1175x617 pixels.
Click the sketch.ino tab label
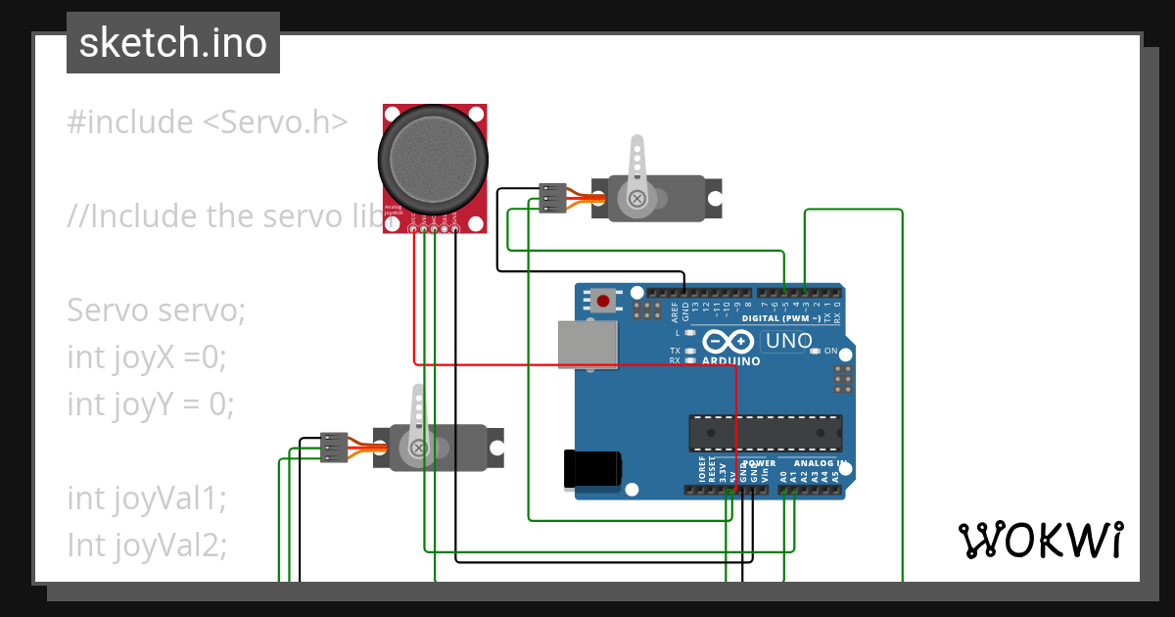pos(172,43)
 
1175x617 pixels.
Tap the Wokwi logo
pos(1039,540)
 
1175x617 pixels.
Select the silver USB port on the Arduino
pos(587,346)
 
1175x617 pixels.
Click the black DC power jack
pos(591,467)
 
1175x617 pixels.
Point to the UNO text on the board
pos(788,341)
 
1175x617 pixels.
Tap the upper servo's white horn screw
pos(637,200)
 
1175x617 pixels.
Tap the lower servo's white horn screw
pos(418,449)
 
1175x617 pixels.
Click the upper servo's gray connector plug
pos(553,198)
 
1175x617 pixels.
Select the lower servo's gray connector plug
pos(334,448)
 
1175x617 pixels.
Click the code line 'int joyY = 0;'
pos(151,403)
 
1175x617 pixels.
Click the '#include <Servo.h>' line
pos(207,122)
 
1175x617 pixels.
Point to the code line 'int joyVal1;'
pos(147,498)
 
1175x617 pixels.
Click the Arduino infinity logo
pos(726,342)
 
